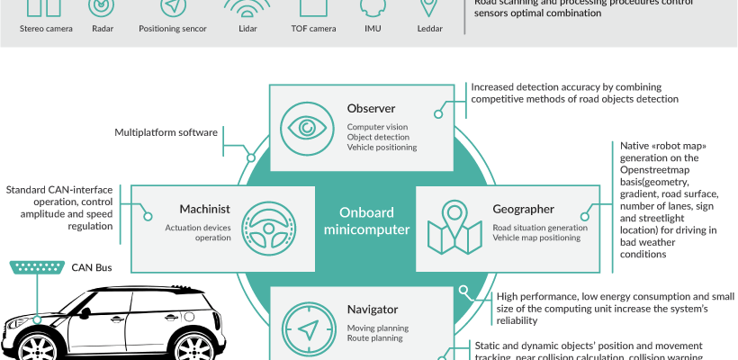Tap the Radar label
101,29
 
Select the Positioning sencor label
173,29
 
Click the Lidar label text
247,29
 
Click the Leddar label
429,29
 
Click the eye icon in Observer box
304,127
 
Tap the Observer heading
371,110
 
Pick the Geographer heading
523,209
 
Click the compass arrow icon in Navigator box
304,326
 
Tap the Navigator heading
373,310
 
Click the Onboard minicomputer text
367,221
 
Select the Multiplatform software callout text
166,133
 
